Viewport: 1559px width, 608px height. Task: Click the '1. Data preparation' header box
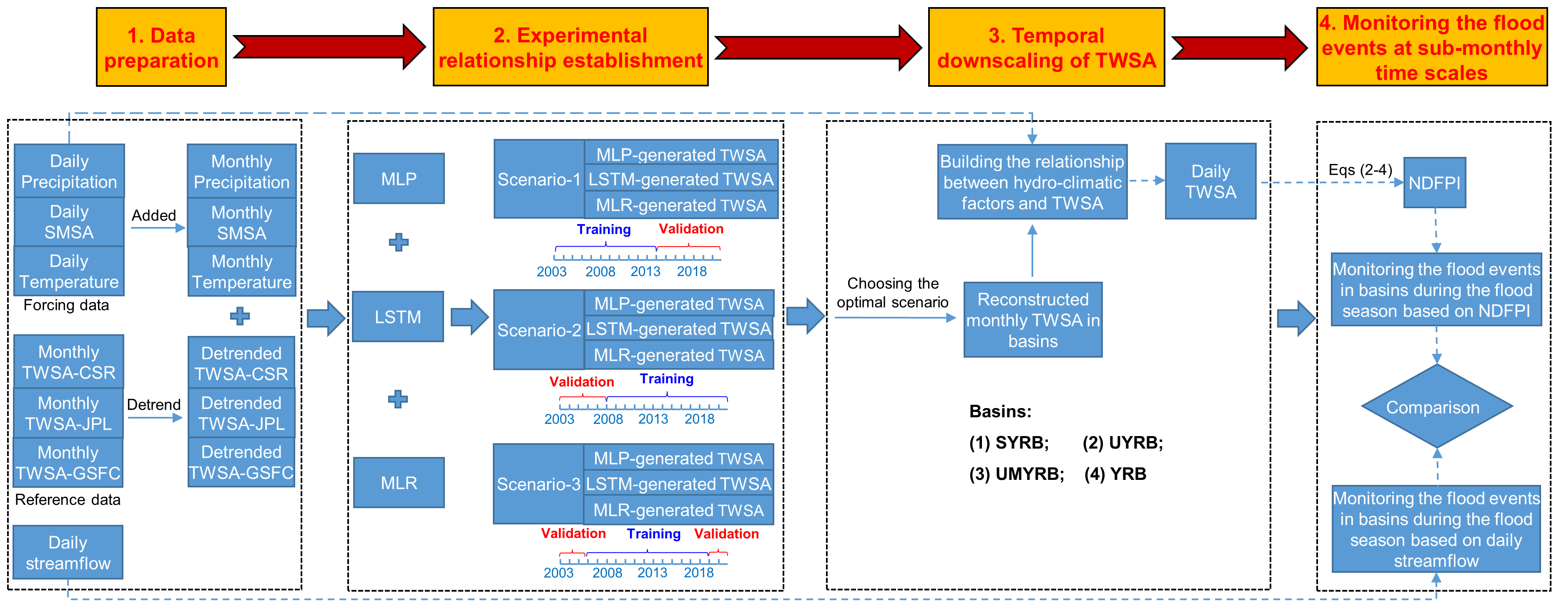coord(161,47)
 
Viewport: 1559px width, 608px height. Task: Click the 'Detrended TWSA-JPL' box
coord(241,413)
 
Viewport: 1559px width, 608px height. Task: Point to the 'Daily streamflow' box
coord(68,552)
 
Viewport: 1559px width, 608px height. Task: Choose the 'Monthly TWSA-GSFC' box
coord(68,463)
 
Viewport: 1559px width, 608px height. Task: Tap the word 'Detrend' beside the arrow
coord(154,404)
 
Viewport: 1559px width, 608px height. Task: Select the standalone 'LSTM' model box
coord(398,317)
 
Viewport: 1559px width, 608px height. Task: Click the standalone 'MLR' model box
coord(399,483)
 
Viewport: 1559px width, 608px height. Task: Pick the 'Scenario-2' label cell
coord(539,330)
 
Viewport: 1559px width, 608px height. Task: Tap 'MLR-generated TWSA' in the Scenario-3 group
coord(678,510)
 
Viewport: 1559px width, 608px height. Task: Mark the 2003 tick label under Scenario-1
coord(551,271)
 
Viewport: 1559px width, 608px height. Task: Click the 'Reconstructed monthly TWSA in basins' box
coord(1033,320)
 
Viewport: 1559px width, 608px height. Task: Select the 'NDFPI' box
coord(1434,183)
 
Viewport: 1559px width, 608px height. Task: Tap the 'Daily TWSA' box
coord(1210,181)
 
